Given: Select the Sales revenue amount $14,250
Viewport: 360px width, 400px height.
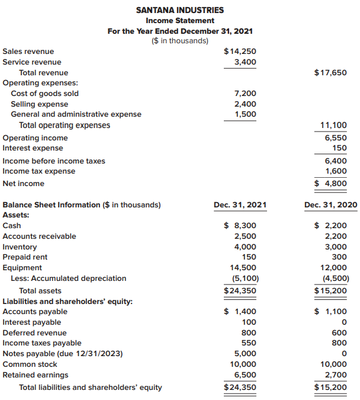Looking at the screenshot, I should click(240, 52).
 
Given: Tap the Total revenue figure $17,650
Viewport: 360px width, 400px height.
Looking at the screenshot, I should click(330, 73).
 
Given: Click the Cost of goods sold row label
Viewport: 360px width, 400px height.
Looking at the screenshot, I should click(45, 94).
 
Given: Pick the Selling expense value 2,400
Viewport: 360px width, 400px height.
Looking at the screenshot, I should click(245, 104).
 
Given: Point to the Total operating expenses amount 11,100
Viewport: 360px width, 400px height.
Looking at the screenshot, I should click(334, 126).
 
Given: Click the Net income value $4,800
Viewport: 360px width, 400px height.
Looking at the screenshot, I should click(330, 184).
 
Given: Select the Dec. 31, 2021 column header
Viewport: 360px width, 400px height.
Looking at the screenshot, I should click(240, 205).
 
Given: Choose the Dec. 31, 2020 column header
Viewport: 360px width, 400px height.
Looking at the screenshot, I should click(330, 205).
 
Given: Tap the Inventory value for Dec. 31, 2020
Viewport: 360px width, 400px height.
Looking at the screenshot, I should click(336, 247).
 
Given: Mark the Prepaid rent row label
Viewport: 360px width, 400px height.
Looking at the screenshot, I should click(25, 257).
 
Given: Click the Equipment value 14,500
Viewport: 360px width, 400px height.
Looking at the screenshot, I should click(243, 268).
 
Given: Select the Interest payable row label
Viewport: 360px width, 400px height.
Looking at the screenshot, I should click(32, 322).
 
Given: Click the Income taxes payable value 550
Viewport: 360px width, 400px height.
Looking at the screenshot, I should click(248, 343).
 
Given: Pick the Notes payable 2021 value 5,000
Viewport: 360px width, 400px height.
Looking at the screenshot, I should click(245, 354).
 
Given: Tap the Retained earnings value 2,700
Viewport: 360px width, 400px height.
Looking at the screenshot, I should click(336, 375).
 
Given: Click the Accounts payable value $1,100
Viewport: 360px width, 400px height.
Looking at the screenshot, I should click(330, 312).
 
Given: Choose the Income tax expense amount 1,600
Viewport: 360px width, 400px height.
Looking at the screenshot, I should click(336, 171).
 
